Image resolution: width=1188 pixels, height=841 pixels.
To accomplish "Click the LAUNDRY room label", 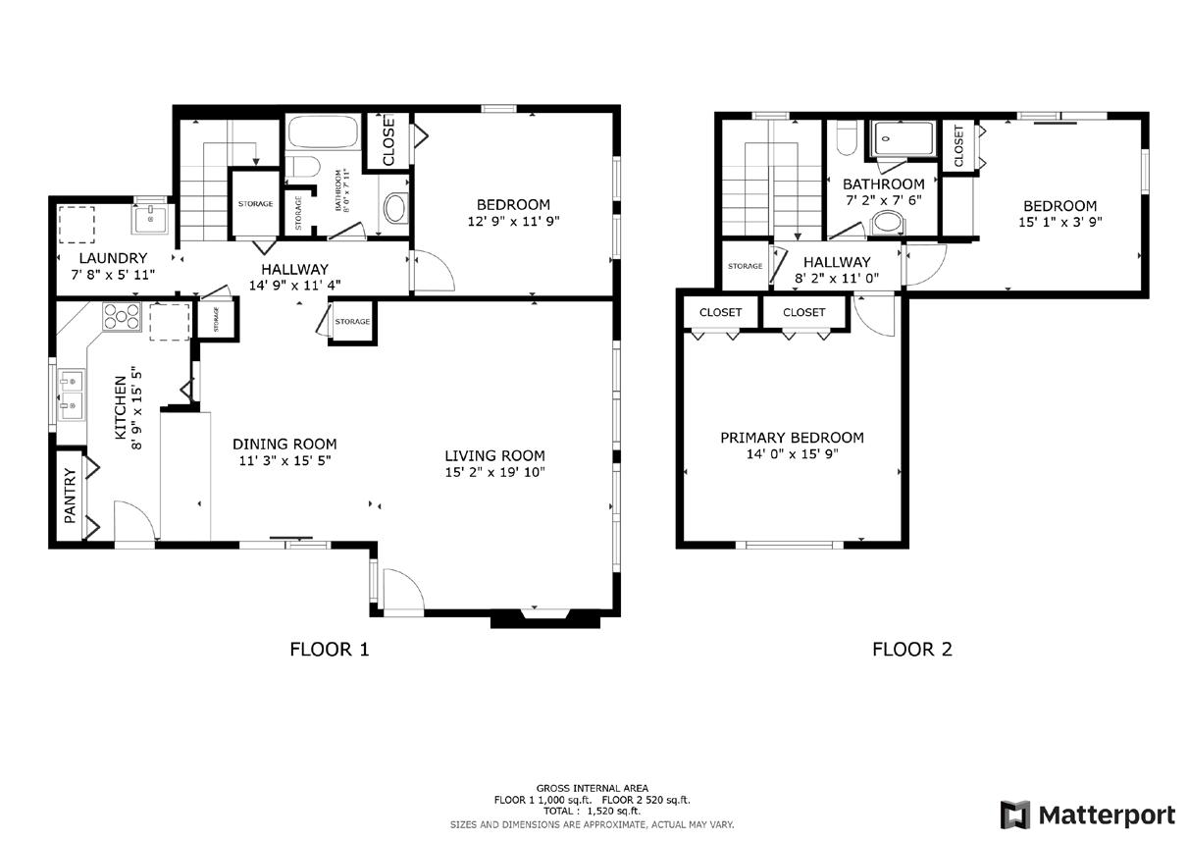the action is (113, 258).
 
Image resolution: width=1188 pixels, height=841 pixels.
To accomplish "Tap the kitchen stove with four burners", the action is (122, 317).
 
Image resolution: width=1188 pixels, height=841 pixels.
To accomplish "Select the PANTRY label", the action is (71, 496).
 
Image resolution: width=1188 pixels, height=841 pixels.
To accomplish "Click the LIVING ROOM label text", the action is (494, 455).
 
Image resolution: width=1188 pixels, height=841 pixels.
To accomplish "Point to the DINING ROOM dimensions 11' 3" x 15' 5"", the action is (284, 460).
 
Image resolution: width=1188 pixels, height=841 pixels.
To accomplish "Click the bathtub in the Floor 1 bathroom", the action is (323, 131).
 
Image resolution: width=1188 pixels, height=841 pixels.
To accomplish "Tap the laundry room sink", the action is (150, 219).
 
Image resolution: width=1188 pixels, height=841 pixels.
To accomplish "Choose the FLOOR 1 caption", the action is (329, 649).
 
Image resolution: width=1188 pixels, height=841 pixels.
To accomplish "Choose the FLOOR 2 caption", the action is (912, 649).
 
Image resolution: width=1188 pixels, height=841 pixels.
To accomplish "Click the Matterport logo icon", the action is (1015, 815).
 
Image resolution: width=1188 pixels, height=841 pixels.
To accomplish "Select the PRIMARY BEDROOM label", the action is (792, 438).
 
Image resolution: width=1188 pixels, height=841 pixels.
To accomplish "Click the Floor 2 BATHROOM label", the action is (884, 184).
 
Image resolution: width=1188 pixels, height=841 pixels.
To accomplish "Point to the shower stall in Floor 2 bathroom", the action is (904, 139).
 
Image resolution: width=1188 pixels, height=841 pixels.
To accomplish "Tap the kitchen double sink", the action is (71, 394).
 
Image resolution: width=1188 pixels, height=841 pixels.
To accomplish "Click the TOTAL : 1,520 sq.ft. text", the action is (592, 811).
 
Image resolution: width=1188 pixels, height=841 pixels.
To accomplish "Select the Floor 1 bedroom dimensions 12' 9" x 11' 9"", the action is (513, 221).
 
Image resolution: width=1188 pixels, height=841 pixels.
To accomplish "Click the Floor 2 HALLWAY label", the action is (837, 262).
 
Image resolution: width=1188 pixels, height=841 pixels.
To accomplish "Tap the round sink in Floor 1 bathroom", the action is (395, 208).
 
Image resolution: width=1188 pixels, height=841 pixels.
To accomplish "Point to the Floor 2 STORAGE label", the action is (746, 266).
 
